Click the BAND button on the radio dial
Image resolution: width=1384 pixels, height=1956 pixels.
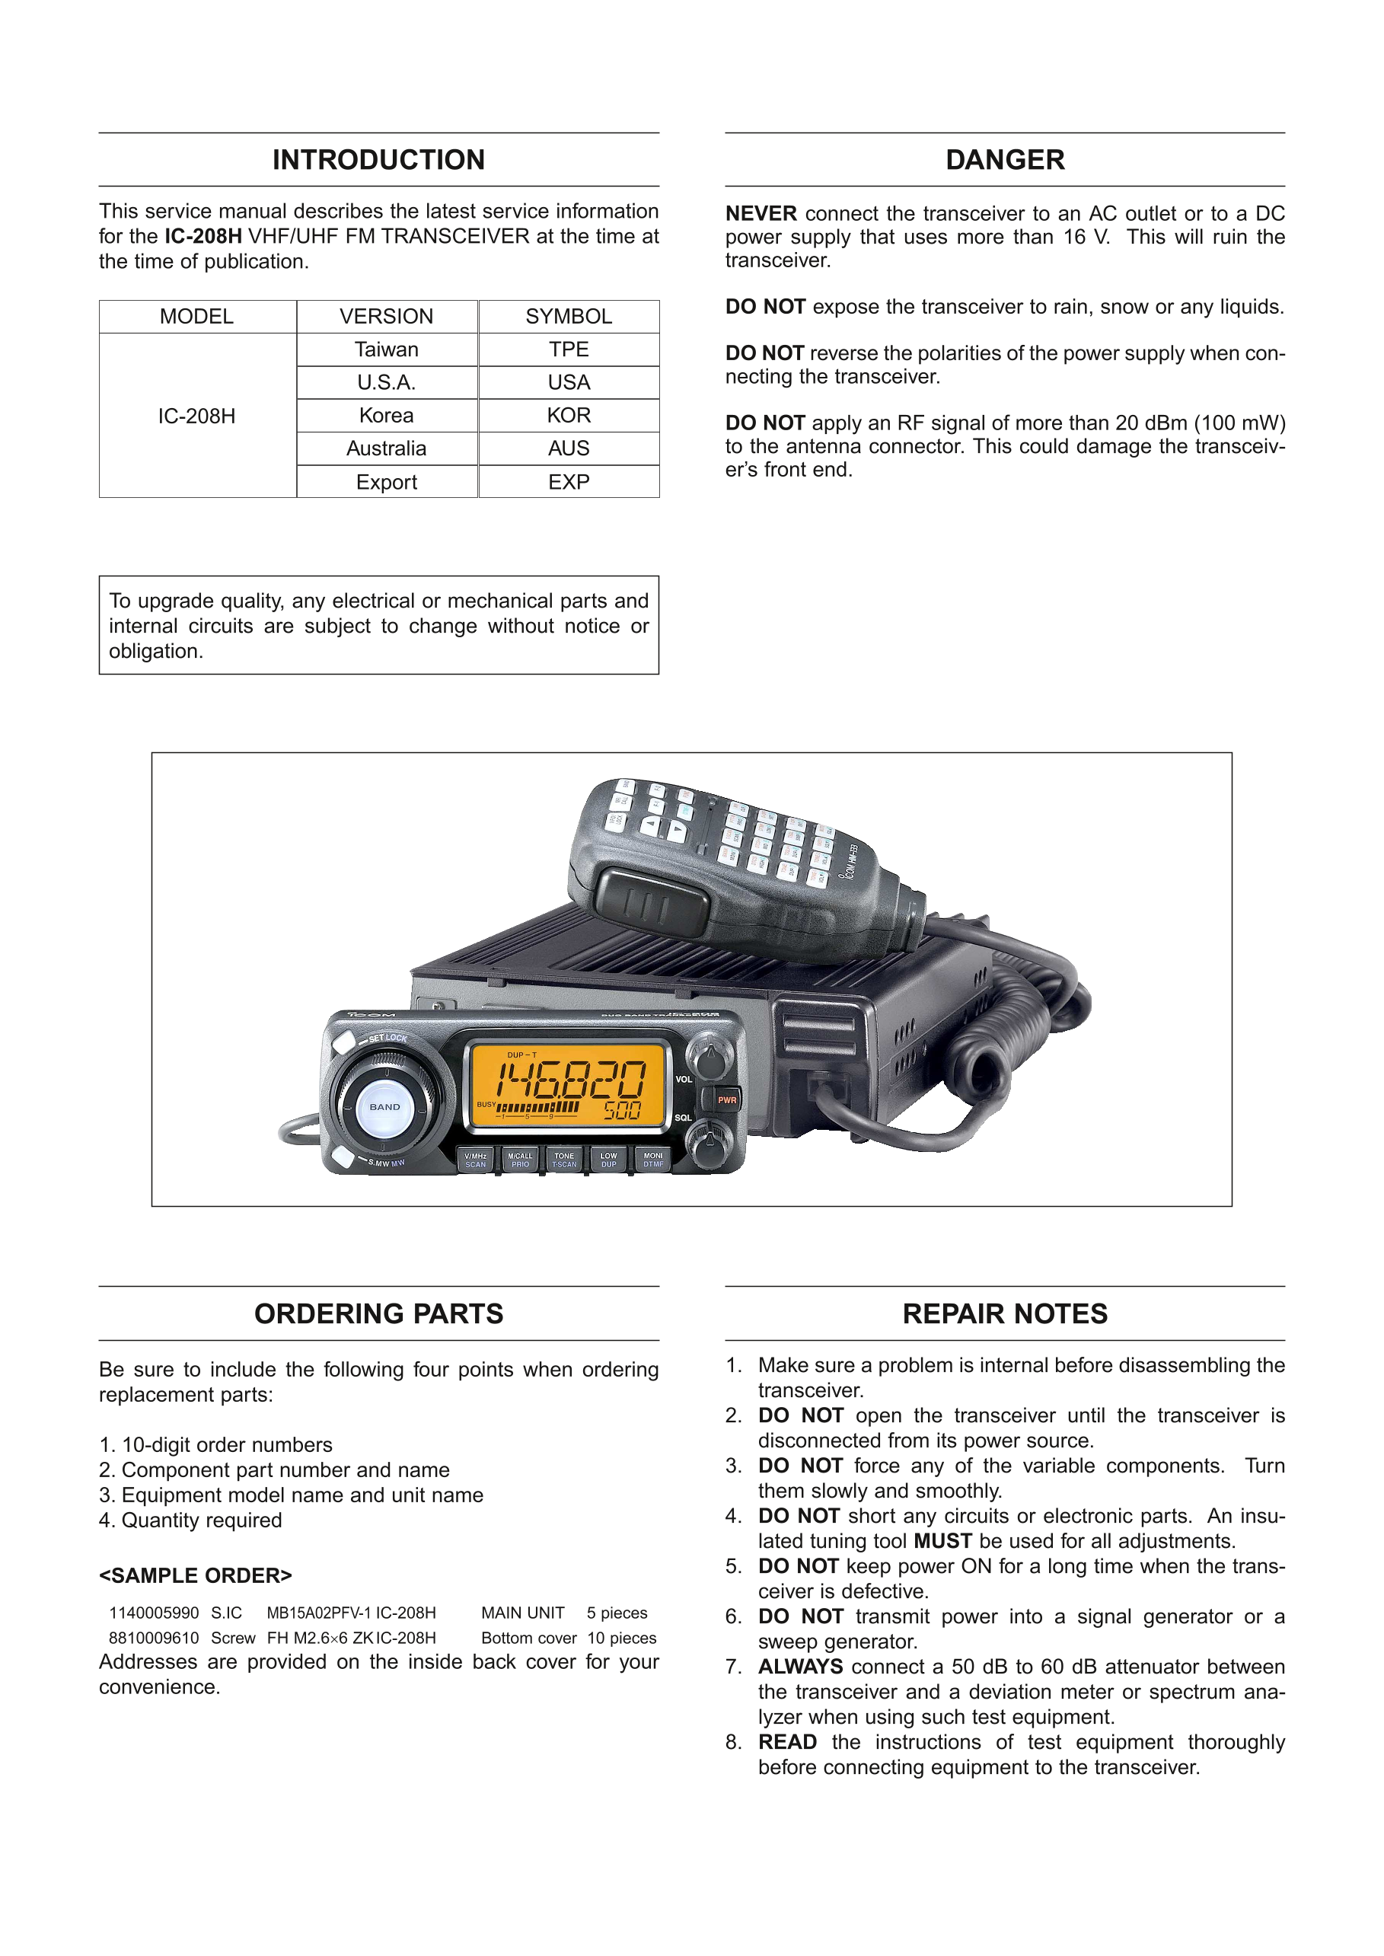(384, 1107)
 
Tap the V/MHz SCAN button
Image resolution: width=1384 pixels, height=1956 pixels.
(476, 1160)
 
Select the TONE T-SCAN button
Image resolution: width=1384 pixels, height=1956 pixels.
(564, 1160)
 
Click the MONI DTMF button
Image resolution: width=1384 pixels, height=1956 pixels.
(653, 1160)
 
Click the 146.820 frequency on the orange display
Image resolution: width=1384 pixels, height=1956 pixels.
(571, 1080)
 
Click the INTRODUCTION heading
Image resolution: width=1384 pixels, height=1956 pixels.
(378, 160)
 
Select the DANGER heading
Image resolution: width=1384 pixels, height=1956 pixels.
(1005, 160)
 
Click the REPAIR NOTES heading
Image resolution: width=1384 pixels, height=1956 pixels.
(1005, 1313)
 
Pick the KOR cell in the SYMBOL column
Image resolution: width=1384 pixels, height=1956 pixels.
(569, 415)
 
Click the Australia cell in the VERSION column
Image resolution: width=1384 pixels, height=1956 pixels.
(386, 448)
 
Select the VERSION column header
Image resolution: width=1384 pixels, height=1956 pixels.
(386, 316)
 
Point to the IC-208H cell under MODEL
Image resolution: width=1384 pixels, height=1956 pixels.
(197, 416)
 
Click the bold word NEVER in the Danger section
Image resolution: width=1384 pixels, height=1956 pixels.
(761, 213)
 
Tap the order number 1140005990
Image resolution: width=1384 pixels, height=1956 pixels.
(154, 1613)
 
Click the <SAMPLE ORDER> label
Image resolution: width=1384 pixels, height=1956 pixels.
(195, 1575)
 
